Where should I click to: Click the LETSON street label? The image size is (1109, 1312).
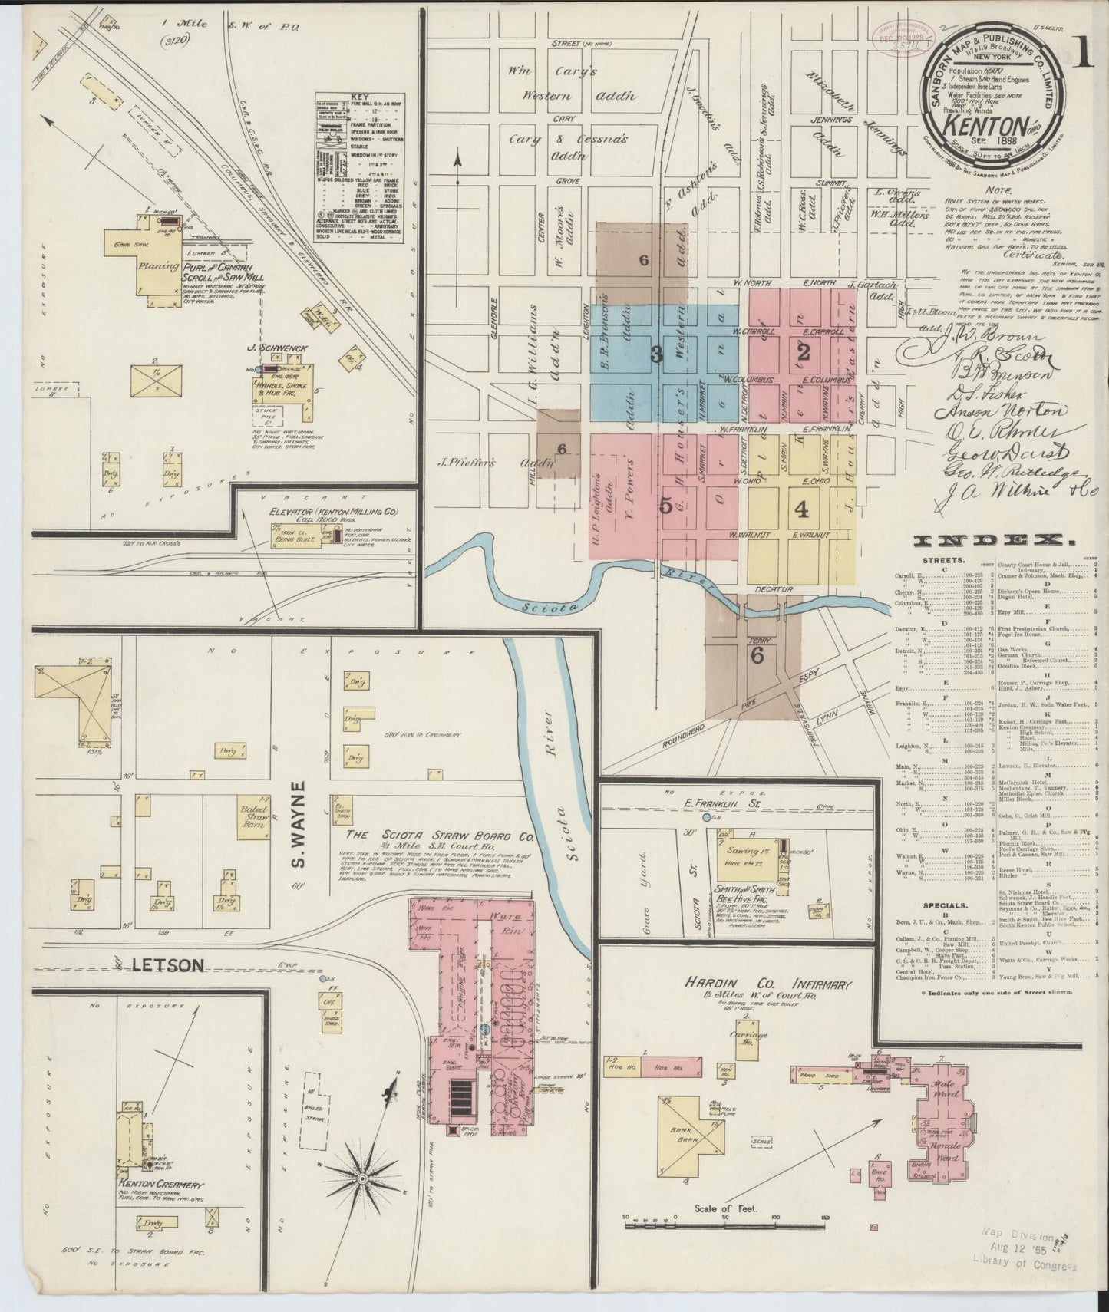168,965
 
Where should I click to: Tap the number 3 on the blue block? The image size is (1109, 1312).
656,354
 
